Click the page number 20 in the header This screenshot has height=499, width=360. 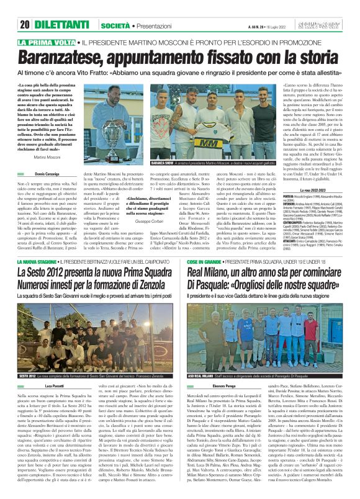[x=25, y=8]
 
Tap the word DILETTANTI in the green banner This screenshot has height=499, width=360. [x=60, y=8]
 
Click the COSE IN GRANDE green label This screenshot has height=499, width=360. [x=204, y=263]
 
